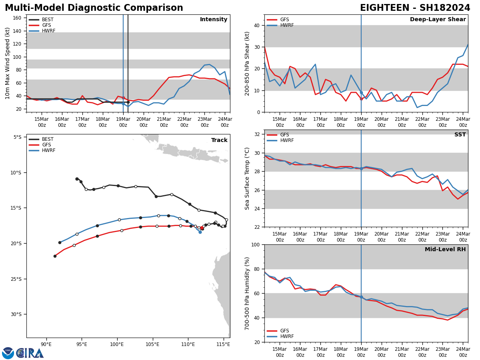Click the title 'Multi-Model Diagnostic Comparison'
pos(94,8)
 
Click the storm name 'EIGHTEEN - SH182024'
pos(415,8)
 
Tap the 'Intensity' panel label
pos(214,20)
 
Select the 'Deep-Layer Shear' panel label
pos(438,20)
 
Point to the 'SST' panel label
pos(460,135)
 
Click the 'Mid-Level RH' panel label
pos(445,250)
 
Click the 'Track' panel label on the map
pos(219,140)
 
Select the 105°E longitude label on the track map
pos(152,344)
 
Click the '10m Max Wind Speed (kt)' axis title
pos(8,63)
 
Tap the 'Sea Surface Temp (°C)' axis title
pos(248,178)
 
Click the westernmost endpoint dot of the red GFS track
pos(55,256)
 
